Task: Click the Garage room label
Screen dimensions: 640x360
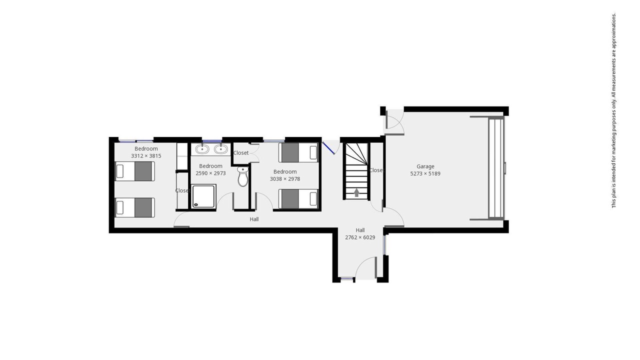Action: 425,166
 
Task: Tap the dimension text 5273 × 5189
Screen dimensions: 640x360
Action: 425,173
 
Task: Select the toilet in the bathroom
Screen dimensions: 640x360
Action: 243,176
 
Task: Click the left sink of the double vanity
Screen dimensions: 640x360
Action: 202,149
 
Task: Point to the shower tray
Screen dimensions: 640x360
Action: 203,196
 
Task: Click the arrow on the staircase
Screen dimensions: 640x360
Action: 356,192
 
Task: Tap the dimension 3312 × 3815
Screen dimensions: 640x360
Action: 146,156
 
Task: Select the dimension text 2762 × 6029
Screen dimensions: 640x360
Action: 360,237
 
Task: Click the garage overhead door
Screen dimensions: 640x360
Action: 496,168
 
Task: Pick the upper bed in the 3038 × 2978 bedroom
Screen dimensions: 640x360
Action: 298,152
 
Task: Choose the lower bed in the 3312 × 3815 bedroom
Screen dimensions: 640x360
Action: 135,207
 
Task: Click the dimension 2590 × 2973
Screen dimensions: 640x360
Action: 210,173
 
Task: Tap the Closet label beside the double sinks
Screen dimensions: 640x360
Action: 241,153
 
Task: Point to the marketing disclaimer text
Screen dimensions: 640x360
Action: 613,110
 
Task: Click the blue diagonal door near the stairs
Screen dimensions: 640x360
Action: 328,148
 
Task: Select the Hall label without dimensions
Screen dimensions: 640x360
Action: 254,219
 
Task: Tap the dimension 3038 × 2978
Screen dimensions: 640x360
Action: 285,179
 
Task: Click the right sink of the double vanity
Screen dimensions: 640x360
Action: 221,149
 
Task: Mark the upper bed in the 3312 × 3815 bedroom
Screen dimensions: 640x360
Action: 135,171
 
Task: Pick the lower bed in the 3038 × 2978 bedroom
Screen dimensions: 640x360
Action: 298,199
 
